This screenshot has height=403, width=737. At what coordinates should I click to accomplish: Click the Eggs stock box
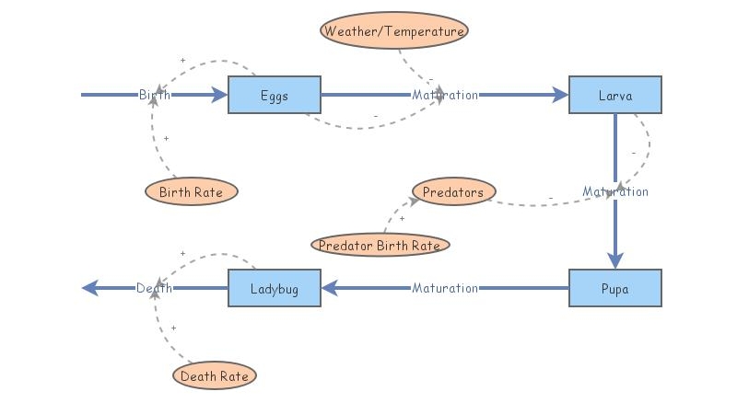[274, 95]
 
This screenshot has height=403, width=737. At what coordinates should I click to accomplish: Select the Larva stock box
[614, 95]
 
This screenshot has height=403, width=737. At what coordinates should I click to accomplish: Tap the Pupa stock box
[614, 288]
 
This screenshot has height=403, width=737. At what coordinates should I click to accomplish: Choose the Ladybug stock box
[275, 288]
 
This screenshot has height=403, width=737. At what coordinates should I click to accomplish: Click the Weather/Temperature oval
[394, 30]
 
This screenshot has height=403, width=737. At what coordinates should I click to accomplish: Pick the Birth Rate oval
[192, 192]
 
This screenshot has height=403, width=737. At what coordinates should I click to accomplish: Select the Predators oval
[453, 191]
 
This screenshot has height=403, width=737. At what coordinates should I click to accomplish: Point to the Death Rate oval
[215, 375]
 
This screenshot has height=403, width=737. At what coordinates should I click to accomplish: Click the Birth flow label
[155, 95]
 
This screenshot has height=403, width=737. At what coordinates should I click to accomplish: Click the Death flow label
[155, 288]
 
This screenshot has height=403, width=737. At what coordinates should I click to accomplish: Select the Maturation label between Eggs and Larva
[445, 95]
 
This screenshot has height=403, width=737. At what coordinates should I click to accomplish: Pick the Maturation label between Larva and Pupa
[615, 191]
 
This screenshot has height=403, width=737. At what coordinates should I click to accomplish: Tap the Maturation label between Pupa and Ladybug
[445, 288]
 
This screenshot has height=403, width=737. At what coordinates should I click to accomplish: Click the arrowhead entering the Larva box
[560, 95]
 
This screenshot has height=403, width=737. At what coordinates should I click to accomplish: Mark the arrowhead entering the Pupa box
[615, 259]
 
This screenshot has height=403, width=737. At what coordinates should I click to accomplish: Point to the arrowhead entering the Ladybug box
[330, 288]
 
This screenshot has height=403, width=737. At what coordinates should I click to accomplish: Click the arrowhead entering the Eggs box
[219, 95]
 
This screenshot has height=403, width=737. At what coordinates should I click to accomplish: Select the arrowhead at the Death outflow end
[90, 288]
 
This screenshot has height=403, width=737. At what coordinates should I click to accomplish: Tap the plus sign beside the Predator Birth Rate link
[402, 219]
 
